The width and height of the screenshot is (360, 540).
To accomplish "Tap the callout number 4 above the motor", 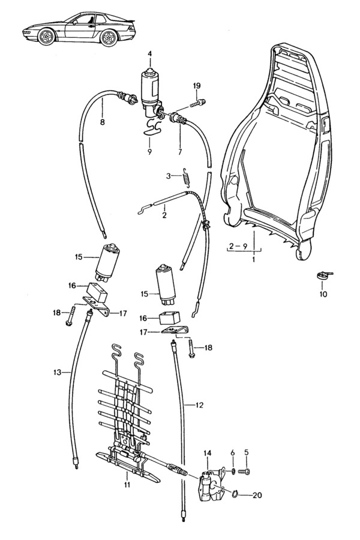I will tap(149, 54).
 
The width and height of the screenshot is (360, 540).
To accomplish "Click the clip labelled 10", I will tap(322, 275).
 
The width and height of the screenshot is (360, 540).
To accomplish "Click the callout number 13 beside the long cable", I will tap(57, 373).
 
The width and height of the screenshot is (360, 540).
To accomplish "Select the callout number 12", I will tap(199, 405).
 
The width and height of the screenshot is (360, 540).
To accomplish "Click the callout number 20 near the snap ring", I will tap(257, 496).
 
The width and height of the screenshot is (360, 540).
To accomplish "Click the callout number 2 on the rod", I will tap(164, 214).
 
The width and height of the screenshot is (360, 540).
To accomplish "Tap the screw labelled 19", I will tap(197, 103).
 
